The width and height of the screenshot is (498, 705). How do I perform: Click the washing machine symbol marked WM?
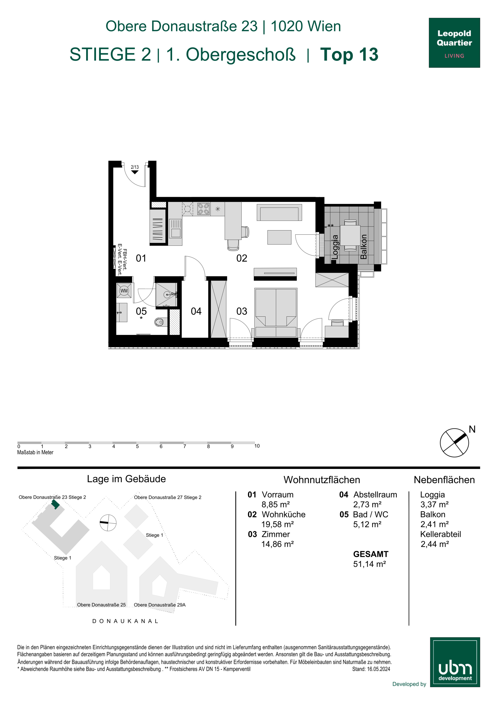point(124,290)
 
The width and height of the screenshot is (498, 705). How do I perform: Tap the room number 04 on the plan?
point(196,311)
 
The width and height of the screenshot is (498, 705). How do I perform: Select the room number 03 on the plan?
point(242,311)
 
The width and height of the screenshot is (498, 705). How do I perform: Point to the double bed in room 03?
point(276,312)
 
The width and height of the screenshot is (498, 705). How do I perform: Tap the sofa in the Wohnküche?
point(279,212)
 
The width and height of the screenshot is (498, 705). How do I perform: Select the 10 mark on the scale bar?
point(257,446)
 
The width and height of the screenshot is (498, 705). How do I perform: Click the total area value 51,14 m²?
point(369,564)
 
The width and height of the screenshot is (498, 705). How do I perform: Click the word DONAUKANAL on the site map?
point(125,621)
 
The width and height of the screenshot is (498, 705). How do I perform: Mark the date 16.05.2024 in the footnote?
point(378,669)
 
